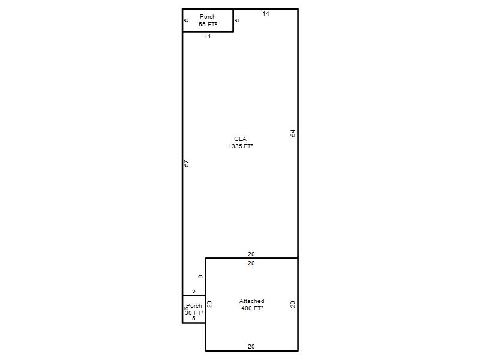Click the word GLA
(x=240, y=139)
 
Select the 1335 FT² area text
(x=241, y=146)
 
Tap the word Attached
(x=251, y=301)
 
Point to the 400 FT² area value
(x=252, y=308)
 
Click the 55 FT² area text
(x=208, y=25)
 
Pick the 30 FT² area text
(x=194, y=313)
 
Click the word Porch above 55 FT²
(x=208, y=17)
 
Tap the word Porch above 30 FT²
(x=194, y=306)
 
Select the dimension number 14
(x=266, y=13)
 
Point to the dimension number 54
(x=293, y=133)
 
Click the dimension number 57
(x=186, y=163)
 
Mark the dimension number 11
(x=208, y=37)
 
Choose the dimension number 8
(x=200, y=277)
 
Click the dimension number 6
(x=185, y=309)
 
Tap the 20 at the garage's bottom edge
(x=251, y=347)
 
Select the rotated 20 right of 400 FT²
(x=293, y=304)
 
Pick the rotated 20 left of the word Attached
(x=209, y=304)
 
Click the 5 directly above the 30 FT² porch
(x=193, y=291)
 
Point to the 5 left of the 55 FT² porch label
(x=187, y=20)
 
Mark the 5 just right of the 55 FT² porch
(x=237, y=20)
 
